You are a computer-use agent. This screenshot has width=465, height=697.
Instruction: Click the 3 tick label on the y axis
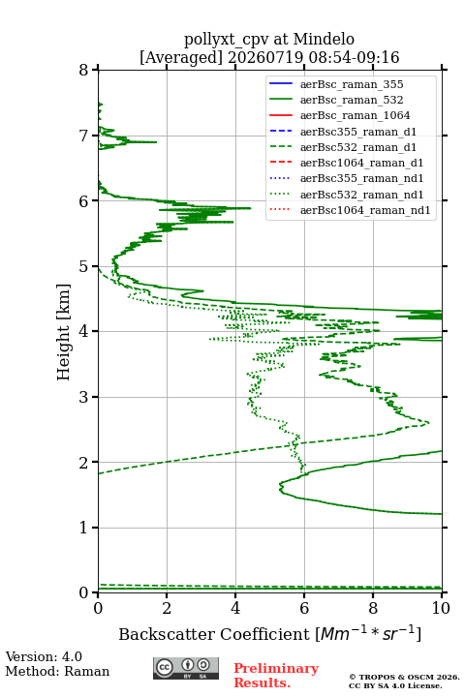tap(83, 397)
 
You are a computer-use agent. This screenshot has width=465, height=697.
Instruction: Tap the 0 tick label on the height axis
tap(83, 592)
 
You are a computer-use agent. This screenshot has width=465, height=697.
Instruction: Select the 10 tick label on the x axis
tap(441, 608)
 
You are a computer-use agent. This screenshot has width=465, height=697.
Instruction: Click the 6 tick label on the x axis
tap(304, 608)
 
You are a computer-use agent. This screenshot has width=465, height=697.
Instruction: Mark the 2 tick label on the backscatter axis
tap(167, 608)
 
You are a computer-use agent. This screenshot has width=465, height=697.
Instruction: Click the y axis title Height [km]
tap(64, 332)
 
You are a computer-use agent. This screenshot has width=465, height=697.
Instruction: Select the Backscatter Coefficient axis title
tap(269, 633)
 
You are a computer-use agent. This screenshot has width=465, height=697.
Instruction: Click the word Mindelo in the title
tap(324, 40)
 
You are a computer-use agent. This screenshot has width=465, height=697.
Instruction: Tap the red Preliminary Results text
tap(276, 676)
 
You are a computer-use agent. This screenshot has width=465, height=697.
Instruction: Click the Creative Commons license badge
tap(186, 669)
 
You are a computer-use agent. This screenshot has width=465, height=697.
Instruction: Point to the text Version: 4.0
tap(44, 656)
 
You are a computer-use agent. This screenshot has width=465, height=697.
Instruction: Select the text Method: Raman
tap(57, 671)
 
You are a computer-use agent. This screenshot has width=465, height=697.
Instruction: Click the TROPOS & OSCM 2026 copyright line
tap(405, 677)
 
